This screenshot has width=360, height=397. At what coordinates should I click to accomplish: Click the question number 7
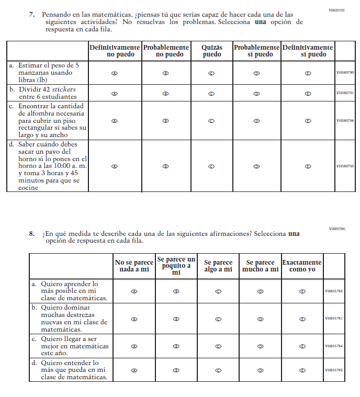click(31, 15)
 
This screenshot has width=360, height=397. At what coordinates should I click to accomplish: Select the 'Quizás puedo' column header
click(212, 51)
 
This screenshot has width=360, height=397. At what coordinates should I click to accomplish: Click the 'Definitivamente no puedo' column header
click(115, 51)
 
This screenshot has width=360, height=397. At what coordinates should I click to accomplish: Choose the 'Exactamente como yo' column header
click(302, 266)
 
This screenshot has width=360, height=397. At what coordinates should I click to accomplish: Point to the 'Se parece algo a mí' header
click(218, 266)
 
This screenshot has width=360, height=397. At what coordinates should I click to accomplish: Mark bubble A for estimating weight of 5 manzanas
click(115, 73)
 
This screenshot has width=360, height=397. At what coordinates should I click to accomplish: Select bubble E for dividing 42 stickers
click(308, 94)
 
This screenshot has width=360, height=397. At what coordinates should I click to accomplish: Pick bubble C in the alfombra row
click(212, 120)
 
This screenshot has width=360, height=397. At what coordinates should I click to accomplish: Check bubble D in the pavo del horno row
click(256, 166)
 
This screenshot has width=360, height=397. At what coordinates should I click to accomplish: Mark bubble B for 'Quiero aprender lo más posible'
click(176, 291)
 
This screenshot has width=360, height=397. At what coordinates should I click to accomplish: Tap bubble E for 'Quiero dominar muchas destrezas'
click(302, 319)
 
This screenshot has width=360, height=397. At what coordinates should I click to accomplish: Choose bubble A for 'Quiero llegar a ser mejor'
click(134, 346)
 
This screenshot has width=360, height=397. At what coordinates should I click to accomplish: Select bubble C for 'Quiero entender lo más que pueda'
click(218, 370)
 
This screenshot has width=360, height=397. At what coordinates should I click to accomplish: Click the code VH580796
click(345, 120)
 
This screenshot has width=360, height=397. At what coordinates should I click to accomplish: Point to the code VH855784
click(333, 346)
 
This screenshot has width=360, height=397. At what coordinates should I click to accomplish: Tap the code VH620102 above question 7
click(336, 10)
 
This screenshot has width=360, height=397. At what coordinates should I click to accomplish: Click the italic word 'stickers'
click(64, 89)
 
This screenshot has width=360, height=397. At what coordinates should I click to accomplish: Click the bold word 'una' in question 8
click(294, 234)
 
